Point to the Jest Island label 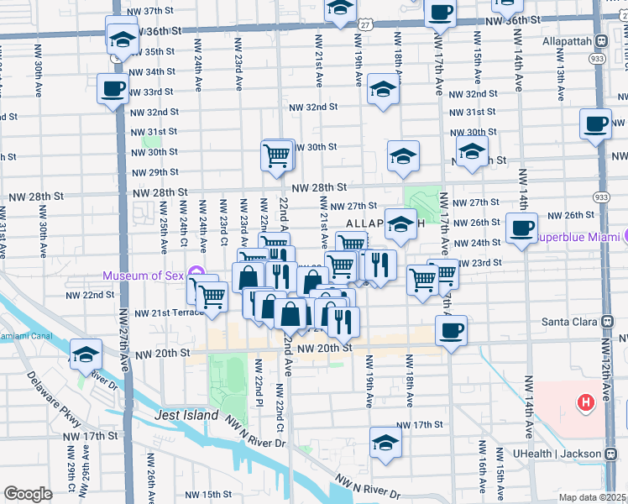tap(186, 416)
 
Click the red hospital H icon tap(584, 403)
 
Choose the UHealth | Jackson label tap(557, 454)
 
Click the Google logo tap(28, 494)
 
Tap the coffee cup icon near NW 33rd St tap(113, 88)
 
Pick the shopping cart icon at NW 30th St tap(277, 155)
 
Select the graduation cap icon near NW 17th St tap(386, 442)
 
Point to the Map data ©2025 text tap(593, 497)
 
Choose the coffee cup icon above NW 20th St tap(452, 329)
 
